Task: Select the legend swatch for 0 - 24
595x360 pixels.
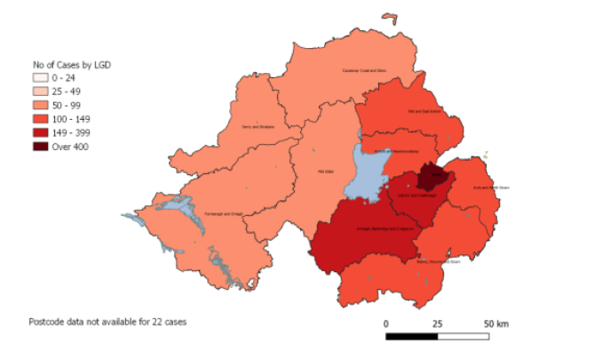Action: pos(39,78)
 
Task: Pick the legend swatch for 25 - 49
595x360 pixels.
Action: pos(39,92)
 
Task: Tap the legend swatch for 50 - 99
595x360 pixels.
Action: pos(39,105)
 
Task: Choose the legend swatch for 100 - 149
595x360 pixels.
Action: pos(39,119)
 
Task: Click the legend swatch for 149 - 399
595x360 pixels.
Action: pos(39,132)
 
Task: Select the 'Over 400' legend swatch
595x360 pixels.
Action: pos(39,147)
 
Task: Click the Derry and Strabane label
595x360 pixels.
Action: pos(258,127)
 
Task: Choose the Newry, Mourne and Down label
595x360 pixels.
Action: pos(438,261)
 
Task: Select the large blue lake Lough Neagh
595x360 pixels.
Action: pos(361,174)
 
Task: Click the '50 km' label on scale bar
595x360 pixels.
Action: pos(496,324)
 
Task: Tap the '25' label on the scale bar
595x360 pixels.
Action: pos(437,324)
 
